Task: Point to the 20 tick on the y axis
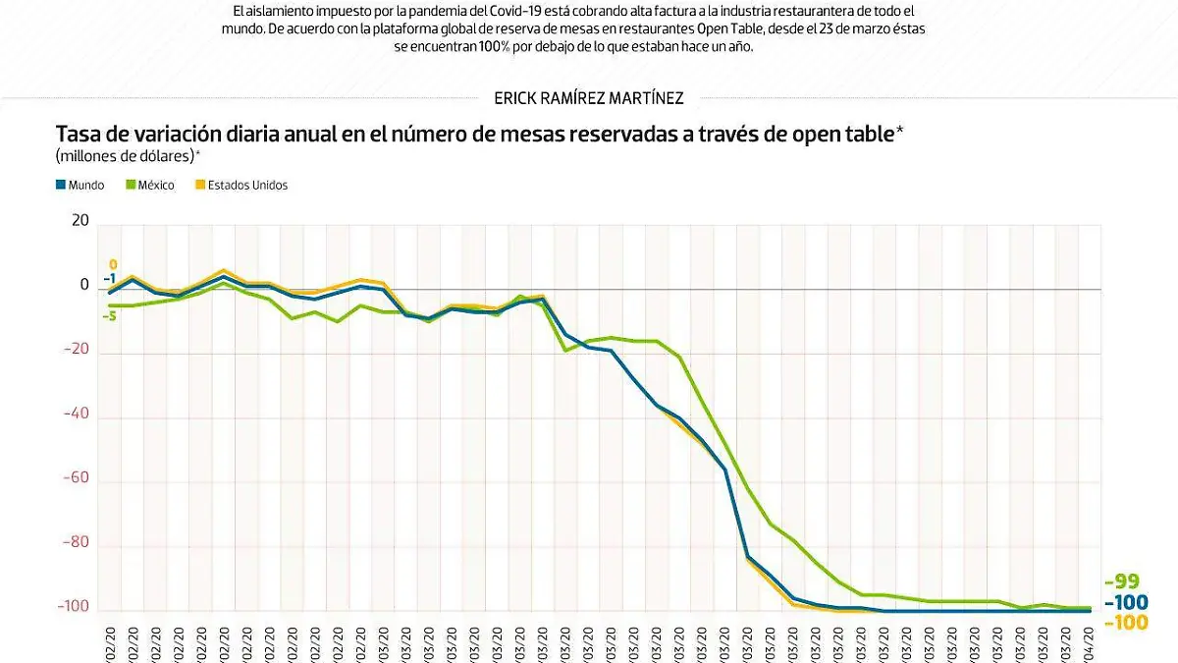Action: [79, 222]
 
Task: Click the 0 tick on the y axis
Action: [83, 286]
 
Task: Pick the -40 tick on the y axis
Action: [77, 414]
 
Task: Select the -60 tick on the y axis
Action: [77, 478]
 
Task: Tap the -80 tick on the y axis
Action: [77, 543]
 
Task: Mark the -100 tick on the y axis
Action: [74, 607]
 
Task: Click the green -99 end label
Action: [1122, 581]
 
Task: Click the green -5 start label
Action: [110, 316]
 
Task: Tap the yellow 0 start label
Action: [113, 264]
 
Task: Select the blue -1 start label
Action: [110, 279]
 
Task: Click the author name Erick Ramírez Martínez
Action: [589, 97]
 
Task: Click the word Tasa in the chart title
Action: [80, 134]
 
